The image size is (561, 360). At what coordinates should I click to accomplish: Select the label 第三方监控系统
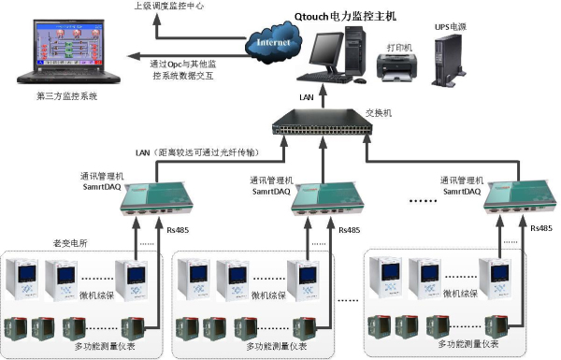point(66,95)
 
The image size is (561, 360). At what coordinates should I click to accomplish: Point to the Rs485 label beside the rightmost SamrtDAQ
point(542,227)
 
